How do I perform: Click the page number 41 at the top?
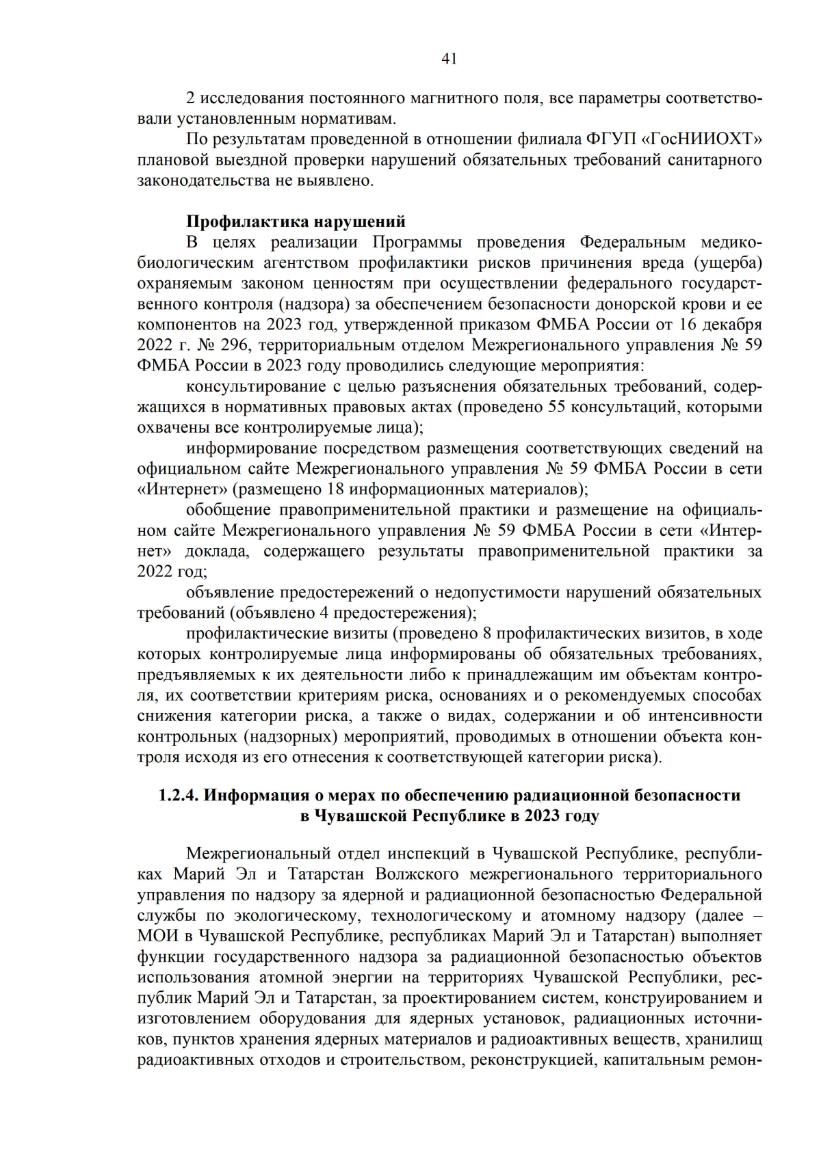[449, 59]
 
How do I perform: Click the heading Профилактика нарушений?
[296, 221]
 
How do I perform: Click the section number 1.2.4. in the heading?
[179, 796]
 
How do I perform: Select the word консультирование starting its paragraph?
[252, 386]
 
